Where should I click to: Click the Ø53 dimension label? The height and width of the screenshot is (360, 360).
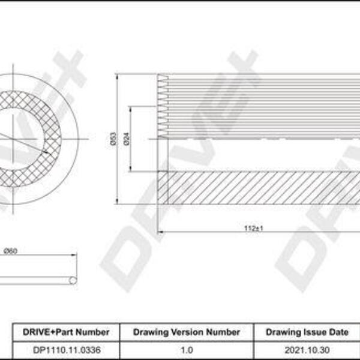tap(113, 139)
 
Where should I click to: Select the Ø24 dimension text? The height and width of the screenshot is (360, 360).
tap(127, 139)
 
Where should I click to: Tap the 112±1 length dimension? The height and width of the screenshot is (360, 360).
tap(253, 228)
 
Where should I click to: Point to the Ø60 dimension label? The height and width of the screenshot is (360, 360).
tap(11, 251)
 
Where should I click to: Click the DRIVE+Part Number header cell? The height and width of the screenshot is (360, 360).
tap(66, 332)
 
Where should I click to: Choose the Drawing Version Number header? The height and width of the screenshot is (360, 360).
tap(187, 332)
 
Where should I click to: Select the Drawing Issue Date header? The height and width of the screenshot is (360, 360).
tap(307, 332)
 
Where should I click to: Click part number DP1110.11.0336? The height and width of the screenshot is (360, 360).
tap(67, 350)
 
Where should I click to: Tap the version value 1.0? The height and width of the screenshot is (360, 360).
tap(187, 350)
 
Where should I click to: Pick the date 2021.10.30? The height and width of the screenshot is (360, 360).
tap(307, 350)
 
